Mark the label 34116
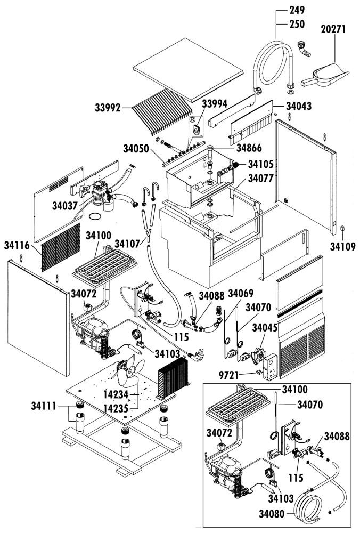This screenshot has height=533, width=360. click(18, 245)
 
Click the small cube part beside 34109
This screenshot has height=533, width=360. click(341, 229)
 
